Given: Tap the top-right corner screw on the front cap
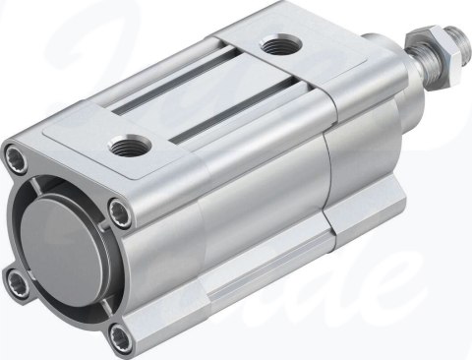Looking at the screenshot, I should pos(119,208).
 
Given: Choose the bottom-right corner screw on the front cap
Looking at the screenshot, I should pos(119,339).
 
